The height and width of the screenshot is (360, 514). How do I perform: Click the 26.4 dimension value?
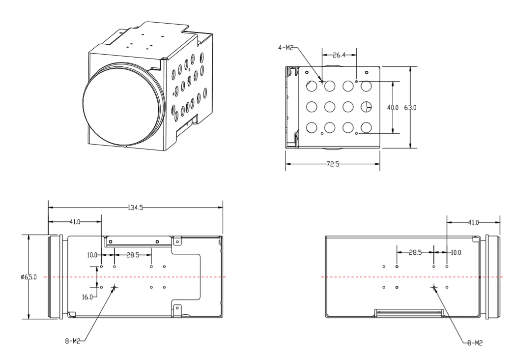[x=339, y=55]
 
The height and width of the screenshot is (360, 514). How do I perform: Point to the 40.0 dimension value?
[x=393, y=107]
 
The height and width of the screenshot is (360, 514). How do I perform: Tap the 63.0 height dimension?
[x=411, y=107]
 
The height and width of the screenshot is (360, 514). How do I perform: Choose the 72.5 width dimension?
[x=333, y=164]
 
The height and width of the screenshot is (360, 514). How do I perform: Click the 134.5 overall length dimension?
[x=135, y=208]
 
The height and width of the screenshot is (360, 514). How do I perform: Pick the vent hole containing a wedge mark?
[x=366, y=106]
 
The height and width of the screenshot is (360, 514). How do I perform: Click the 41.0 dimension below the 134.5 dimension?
[x=74, y=222]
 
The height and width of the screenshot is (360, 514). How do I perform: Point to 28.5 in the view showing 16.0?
[x=133, y=255]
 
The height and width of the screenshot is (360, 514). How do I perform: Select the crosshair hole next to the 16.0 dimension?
[x=114, y=287]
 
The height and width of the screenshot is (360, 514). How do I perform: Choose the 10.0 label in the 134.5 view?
[x=93, y=255]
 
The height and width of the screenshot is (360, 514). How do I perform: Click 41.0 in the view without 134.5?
[x=473, y=223]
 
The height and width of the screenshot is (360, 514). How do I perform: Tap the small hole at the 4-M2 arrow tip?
[x=322, y=81]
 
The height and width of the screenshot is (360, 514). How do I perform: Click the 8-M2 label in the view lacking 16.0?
[x=474, y=343]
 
